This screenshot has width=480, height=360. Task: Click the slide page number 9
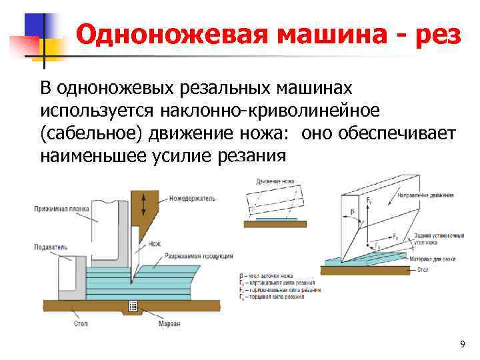(462, 344)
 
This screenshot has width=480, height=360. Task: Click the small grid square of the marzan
(133, 306)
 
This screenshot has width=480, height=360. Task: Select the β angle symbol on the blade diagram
(352, 213)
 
